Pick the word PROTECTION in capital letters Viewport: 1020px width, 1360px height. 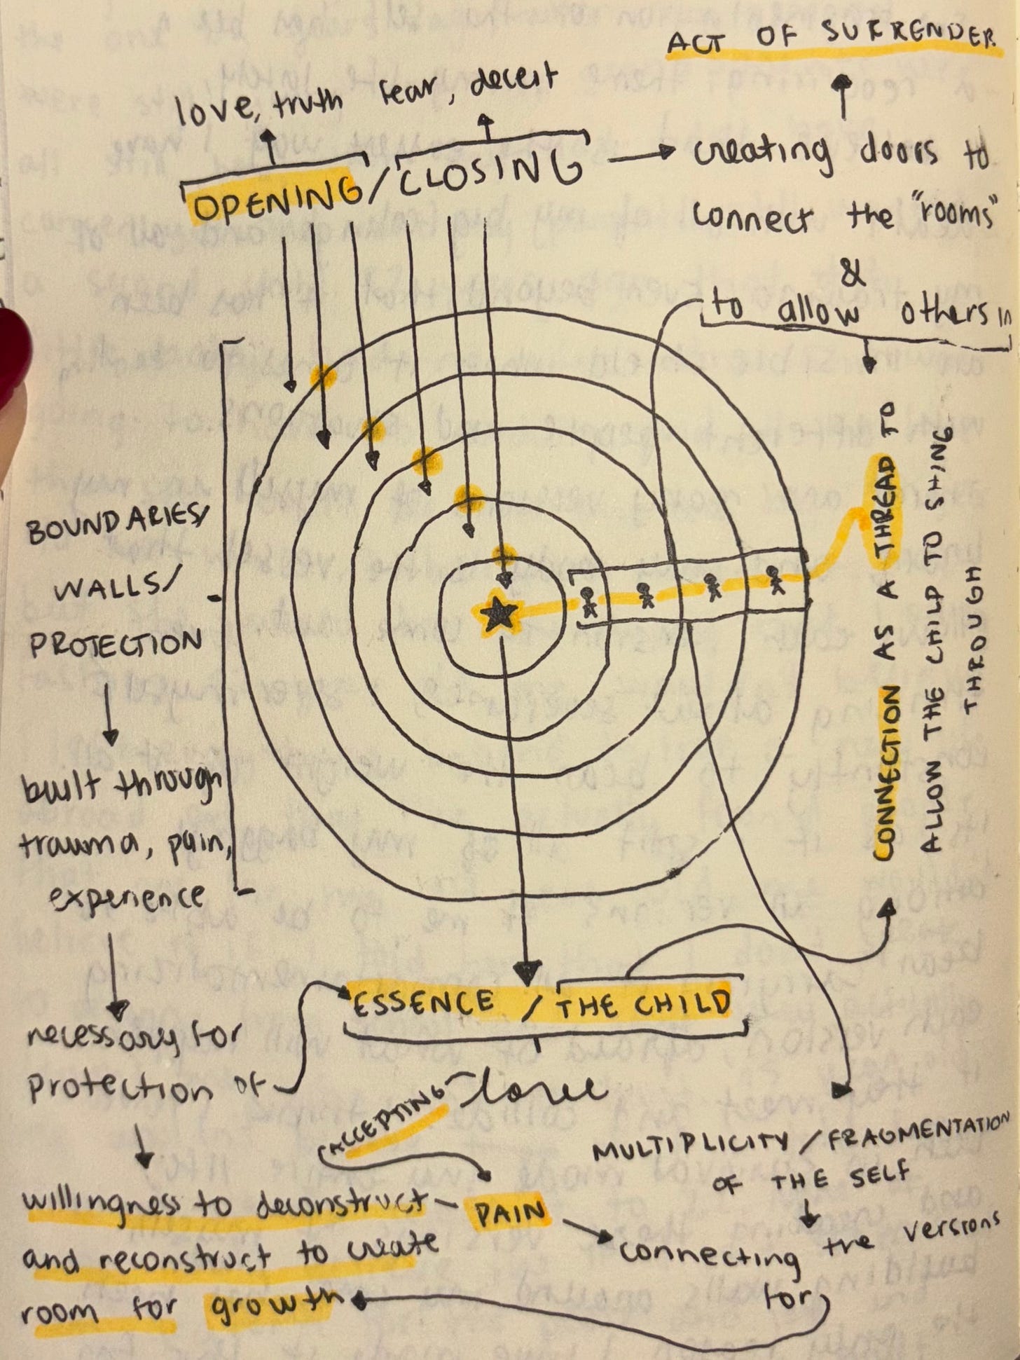click(x=115, y=643)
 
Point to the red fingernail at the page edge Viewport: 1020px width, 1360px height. click(x=11, y=357)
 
